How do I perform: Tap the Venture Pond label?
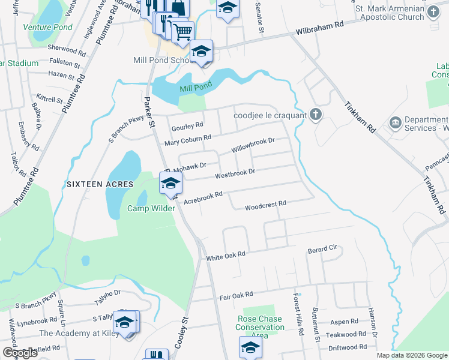point(47,27)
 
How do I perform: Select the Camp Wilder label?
point(151,208)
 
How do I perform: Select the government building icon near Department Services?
point(395,123)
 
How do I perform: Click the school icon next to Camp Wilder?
point(170,183)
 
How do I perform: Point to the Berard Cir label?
point(324,248)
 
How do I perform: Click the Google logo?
point(20,353)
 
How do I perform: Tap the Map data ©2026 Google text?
point(411,355)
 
